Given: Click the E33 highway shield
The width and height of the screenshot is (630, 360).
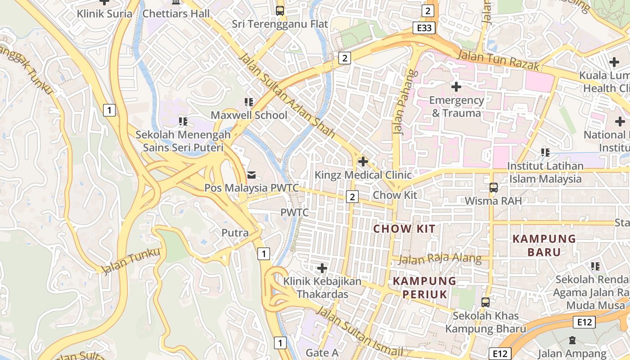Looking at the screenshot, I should [x=424, y=28].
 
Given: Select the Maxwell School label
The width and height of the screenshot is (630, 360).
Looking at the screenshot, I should [x=249, y=115].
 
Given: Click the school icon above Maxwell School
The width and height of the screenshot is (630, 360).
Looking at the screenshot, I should [x=249, y=103].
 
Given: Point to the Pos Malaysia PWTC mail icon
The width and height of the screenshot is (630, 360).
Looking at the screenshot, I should [x=251, y=175].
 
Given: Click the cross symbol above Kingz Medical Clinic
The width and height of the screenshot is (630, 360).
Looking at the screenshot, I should [x=363, y=162].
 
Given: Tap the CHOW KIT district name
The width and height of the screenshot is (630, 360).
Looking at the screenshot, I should [x=405, y=229].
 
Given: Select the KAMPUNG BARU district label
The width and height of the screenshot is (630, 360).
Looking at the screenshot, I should [x=544, y=245].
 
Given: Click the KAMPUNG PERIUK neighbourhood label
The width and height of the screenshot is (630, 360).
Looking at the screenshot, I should [x=424, y=288].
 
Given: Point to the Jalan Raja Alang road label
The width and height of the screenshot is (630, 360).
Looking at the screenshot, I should [x=440, y=259].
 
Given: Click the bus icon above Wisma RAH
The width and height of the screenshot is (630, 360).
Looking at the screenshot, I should [x=494, y=187].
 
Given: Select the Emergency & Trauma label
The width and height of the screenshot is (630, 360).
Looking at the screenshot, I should [x=456, y=107].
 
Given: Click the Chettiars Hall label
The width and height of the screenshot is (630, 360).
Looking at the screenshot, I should [x=176, y=13].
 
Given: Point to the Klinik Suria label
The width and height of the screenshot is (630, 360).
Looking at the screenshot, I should [x=104, y=13].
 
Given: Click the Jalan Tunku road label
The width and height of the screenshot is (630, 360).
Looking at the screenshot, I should [x=131, y=261].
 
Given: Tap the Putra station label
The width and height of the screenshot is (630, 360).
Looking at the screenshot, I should [x=235, y=233].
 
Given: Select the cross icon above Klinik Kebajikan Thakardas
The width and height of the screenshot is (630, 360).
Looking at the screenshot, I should [x=322, y=269].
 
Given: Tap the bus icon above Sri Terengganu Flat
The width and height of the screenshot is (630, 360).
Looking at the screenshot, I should [x=280, y=10].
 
